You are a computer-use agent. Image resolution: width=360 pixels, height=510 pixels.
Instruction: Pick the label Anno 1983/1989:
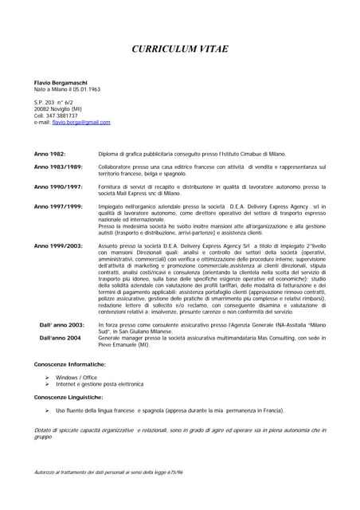coord(58,167)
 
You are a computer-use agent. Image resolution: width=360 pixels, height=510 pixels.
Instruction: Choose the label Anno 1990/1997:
coord(58,186)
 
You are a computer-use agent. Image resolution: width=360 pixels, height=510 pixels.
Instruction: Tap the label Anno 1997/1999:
coord(58,206)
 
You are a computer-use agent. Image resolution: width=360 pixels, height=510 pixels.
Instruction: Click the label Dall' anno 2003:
coord(62,325)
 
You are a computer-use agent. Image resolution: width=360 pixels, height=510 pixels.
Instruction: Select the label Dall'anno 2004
coord(60,338)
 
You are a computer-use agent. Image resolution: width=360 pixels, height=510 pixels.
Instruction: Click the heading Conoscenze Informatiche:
coord(70,363)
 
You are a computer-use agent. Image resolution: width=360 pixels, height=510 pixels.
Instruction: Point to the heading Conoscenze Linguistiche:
coord(68,396)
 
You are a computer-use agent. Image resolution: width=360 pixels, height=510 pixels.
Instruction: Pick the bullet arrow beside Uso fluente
coord(48,410)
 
